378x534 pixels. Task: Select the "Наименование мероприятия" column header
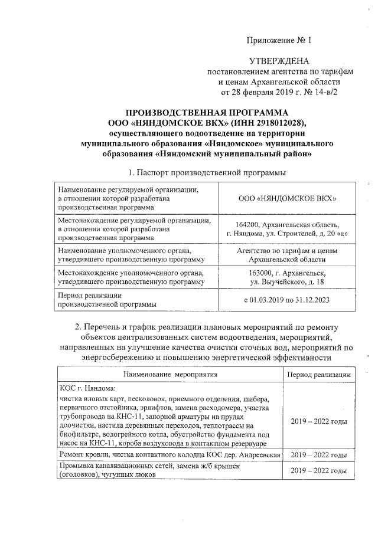[170, 374]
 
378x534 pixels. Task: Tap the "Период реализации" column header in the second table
[319, 374]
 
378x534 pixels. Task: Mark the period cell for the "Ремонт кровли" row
[319, 455]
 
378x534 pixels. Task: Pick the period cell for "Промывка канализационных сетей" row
[319, 470]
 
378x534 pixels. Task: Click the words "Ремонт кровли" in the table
[84, 455]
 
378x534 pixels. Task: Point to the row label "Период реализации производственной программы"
[106, 300]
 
